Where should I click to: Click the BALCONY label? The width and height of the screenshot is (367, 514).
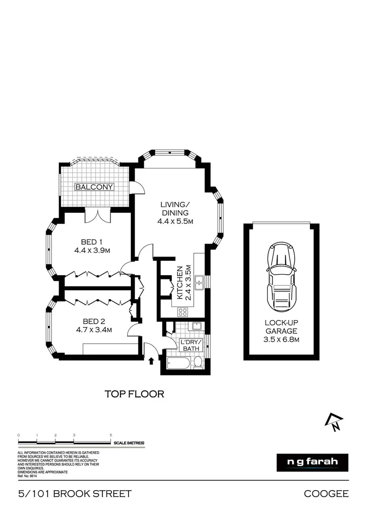pyautogui.click(x=94, y=187)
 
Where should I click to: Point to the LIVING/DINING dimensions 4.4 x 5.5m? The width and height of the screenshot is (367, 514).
pyautogui.click(x=175, y=221)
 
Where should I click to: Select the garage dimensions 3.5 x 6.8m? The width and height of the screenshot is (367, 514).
pyautogui.click(x=281, y=339)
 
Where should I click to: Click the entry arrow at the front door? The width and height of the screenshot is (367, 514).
pyautogui.click(x=151, y=361)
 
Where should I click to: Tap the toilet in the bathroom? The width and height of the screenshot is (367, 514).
pyautogui.click(x=198, y=363)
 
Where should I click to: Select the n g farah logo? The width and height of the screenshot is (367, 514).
pyautogui.click(x=312, y=462)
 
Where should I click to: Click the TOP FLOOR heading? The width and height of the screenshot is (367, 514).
pyautogui.click(x=134, y=394)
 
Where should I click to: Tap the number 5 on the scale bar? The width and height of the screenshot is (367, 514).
pyautogui.click(x=111, y=435)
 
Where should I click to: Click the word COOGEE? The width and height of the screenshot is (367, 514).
pyautogui.click(x=326, y=494)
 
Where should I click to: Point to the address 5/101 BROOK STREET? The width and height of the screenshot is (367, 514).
pyautogui.click(x=74, y=494)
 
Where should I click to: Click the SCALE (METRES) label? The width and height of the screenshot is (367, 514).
pyautogui.click(x=129, y=443)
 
